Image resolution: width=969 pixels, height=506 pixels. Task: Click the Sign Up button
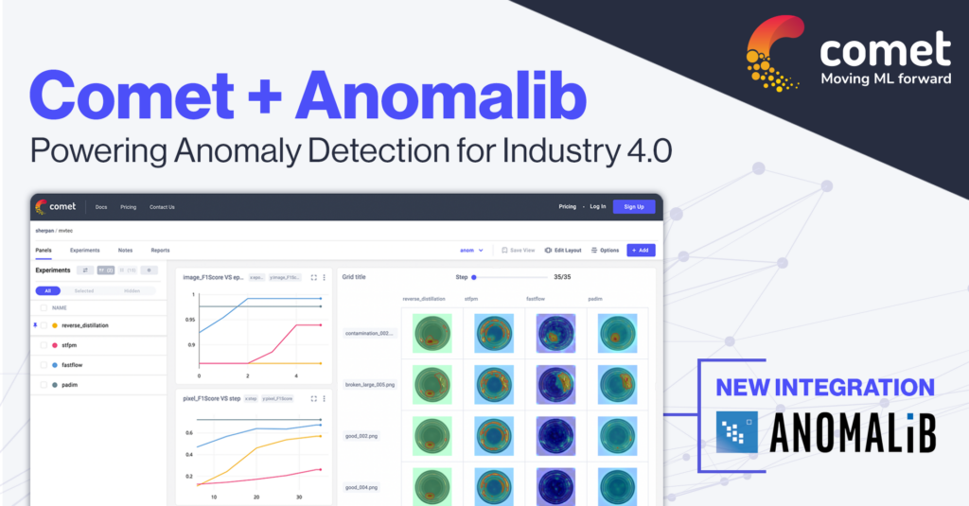click(633, 206)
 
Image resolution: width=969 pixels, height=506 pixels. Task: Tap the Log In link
click(597, 206)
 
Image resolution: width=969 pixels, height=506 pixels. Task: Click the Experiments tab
click(85, 251)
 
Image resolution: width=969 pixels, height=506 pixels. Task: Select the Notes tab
click(125, 251)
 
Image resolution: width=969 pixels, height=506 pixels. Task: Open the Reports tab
click(160, 251)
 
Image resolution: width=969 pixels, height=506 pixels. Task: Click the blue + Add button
click(640, 251)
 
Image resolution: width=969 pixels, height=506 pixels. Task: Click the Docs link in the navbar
click(101, 206)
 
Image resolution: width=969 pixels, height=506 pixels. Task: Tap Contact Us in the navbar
click(162, 206)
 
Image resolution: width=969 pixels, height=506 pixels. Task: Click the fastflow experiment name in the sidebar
click(76, 365)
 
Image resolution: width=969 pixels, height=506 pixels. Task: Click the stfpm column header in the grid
click(471, 298)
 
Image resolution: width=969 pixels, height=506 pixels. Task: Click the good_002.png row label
click(361, 436)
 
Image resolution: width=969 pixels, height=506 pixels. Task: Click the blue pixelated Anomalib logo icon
click(736, 431)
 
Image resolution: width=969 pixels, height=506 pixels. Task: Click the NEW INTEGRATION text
click(824, 388)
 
